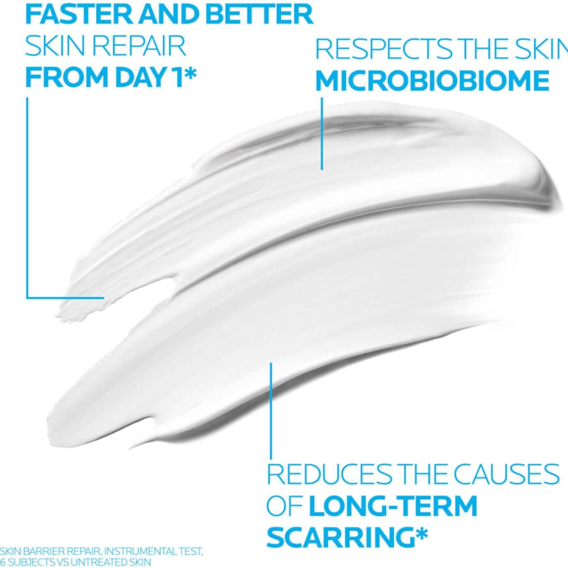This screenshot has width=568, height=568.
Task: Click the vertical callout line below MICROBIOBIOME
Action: [x=322, y=134]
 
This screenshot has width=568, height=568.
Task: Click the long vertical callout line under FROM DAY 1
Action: [x=27, y=197]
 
